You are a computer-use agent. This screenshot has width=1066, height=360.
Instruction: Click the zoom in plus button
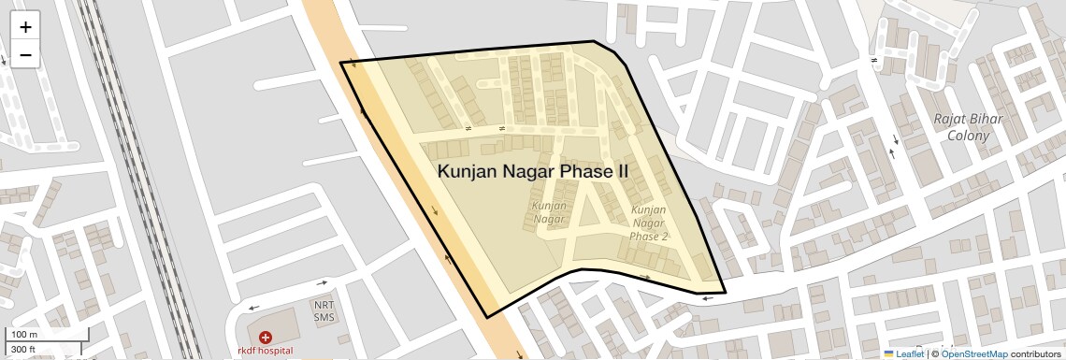(x=25, y=27)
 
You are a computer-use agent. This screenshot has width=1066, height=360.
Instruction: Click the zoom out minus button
(x=25, y=55)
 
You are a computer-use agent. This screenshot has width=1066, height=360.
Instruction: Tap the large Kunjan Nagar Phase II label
(x=532, y=172)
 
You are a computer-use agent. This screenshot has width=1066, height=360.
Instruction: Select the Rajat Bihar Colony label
(x=968, y=127)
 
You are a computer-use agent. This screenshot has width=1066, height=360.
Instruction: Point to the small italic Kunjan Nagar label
(x=549, y=212)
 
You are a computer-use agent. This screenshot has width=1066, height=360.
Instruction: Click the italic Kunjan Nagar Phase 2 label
(x=650, y=223)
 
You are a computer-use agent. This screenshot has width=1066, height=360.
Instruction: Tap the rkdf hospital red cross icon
(x=266, y=337)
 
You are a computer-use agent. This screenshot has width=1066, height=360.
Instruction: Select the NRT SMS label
(x=324, y=311)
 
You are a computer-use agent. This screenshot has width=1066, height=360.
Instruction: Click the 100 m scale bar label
(x=24, y=334)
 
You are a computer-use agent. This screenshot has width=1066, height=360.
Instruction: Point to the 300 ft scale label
(x=23, y=349)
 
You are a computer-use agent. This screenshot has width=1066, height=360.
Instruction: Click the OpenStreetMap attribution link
(x=973, y=354)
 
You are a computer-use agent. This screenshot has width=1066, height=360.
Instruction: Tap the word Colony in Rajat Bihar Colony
(x=968, y=136)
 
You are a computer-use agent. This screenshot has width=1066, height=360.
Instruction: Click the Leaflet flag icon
(x=889, y=354)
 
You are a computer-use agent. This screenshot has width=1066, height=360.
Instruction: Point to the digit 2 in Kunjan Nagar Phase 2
(x=665, y=237)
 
